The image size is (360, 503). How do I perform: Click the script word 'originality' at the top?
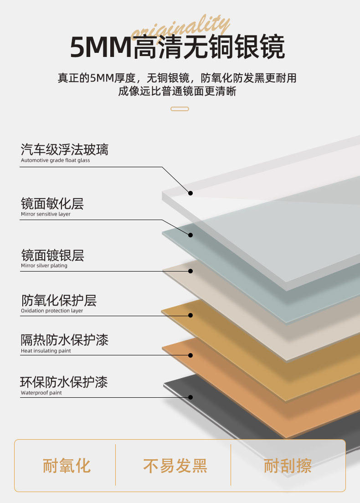click(x=180, y=28)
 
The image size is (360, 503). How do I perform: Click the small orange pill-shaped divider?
click(x=180, y=109)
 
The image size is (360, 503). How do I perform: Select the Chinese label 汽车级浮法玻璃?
click(x=65, y=149)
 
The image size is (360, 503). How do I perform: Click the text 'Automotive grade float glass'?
click(x=56, y=160)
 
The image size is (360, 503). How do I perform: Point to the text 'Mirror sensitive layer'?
click(x=46, y=214)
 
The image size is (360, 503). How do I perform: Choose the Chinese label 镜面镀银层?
click(x=52, y=255)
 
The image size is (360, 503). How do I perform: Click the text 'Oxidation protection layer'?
click(x=52, y=311)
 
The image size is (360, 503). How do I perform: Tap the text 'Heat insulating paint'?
click(x=46, y=351)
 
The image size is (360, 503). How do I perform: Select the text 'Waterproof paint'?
click(x=41, y=393)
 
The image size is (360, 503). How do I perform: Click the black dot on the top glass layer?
click(x=190, y=193)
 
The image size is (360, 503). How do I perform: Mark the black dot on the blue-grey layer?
click(x=190, y=235)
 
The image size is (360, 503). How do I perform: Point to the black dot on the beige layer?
click(x=190, y=272)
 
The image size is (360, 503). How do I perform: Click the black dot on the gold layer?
click(x=190, y=315)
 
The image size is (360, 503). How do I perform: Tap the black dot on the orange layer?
click(x=190, y=355)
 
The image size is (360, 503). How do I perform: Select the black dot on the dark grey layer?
click(x=190, y=397)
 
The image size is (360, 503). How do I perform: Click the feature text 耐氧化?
click(x=67, y=466)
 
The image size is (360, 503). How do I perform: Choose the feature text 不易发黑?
click(x=175, y=466)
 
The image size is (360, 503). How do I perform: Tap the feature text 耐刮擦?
click(x=288, y=466)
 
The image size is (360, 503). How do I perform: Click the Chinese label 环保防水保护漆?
click(x=64, y=382)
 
